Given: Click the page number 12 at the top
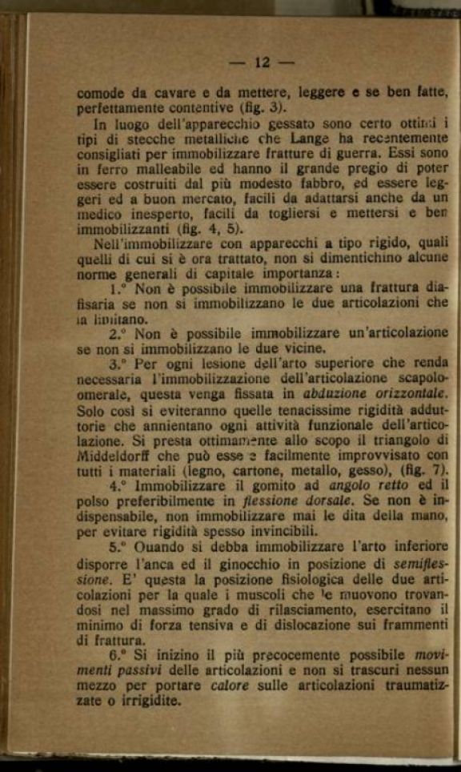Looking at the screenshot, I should [x=263, y=62].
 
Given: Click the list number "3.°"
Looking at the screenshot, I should [x=118, y=363].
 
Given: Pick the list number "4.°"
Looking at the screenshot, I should [x=118, y=485].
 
